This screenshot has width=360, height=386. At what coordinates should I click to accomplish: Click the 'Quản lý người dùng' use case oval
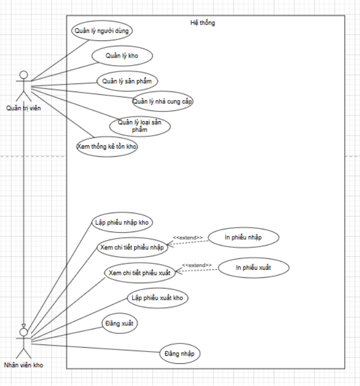[101, 31]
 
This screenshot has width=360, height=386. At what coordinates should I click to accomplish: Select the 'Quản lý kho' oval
[122, 56]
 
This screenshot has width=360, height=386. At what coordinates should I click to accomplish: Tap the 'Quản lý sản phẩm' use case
[127, 81]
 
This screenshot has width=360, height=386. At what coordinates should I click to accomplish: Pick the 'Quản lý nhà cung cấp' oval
[163, 101]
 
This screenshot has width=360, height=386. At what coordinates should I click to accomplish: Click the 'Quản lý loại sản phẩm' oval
[140, 126]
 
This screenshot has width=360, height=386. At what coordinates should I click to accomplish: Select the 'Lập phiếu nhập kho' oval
[122, 222]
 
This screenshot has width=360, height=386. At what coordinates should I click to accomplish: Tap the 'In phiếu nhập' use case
[244, 237]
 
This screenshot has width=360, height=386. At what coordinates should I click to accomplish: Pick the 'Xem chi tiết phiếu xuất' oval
[140, 273]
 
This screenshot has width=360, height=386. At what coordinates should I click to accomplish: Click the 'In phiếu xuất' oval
[254, 268]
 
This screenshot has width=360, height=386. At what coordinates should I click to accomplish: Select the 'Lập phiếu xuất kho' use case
[159, 298]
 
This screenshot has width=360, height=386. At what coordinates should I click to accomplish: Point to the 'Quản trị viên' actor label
[23, 108]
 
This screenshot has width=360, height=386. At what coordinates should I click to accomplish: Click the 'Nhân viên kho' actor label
[23, 365]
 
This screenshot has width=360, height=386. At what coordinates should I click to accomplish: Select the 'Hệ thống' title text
[203, 23]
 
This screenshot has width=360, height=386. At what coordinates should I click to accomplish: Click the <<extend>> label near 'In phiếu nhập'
[188, 237]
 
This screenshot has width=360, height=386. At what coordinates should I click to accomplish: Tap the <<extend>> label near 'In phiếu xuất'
[197, 265]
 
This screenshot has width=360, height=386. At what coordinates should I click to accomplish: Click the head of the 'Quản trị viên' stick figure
[23, 74]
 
